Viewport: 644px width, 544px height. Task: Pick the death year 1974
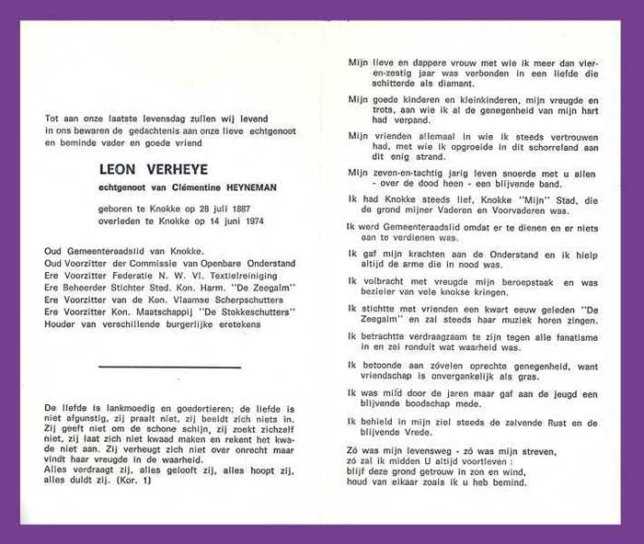(241, 221)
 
